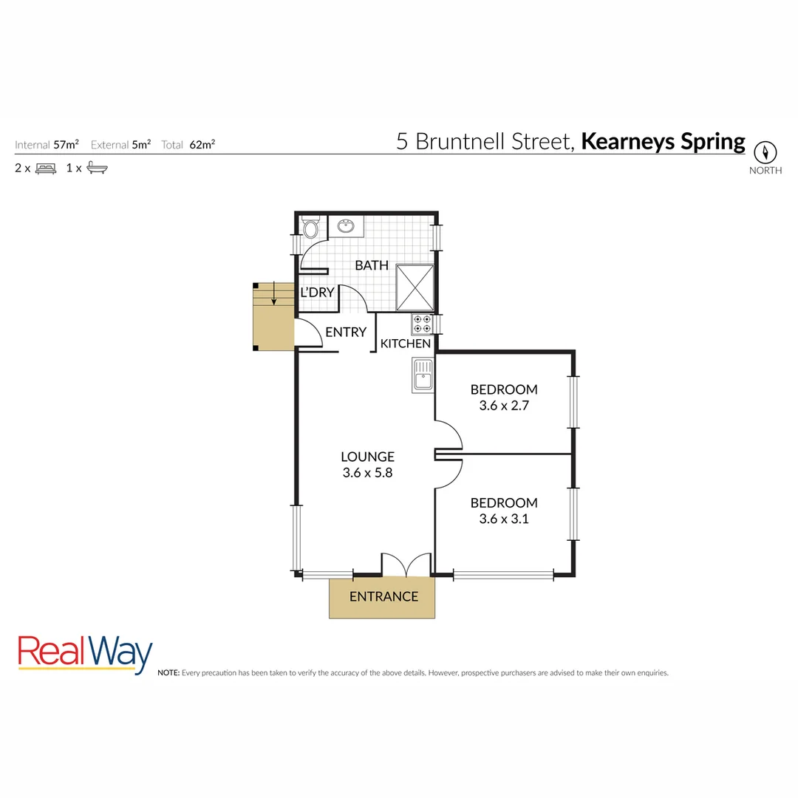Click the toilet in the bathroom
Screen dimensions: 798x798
pyautogui.click(x=310, y=227)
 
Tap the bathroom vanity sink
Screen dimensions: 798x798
pyautogui.click(x=345, y=226)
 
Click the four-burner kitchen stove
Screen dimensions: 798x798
pyautogui.click(x=422, y=324)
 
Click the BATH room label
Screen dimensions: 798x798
pyautogui.click(x=372, y=265)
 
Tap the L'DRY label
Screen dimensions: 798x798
pyautogui.click(x=317, y=293)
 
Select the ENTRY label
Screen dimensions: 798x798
pyautogui.click(x=346, y=332)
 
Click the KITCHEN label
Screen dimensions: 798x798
pyautogui.click(x=406, y=344)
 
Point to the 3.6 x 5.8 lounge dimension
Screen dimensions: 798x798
pyautogui.click(x=367, y=473)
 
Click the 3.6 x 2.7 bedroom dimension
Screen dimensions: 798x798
pyautogui.click(x=504, y=405)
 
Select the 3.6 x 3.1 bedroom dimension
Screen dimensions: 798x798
pyautogui.click(x=504, y=519)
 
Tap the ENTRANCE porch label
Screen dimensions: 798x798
pyautogui.click(x=383, y=597)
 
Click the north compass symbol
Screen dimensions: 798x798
pyautogui.click(x=765, y=152)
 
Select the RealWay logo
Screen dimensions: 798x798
pyautogui.click(x=85, y=653)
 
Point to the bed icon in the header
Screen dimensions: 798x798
pyautogui.click(x=46, y=168)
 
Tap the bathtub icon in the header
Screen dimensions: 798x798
pyautogui.click(x=97, y=168)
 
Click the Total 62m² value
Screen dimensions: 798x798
pyautogui.click(x=202, y=145)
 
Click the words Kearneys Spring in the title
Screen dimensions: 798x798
pyautogui.click(x=663, y=141)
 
